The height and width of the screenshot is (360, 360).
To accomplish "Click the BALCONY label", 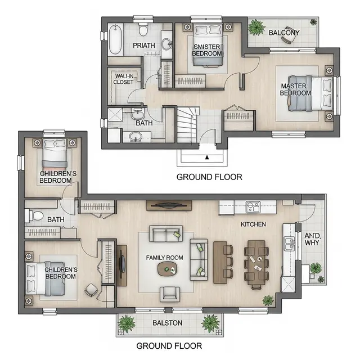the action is tap(284, 33).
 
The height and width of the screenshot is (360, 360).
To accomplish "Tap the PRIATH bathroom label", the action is tap(144, 46).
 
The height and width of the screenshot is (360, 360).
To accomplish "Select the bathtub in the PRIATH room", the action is tap(115, 39).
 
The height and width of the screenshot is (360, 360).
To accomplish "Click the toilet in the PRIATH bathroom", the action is tap(143, 29).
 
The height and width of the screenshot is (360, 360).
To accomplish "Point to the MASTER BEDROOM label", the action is tap(295, 89).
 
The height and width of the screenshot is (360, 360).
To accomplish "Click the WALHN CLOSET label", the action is tap(124, 79).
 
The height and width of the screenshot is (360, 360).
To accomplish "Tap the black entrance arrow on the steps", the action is tap(207, 157).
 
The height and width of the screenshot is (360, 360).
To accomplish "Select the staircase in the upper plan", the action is tap(187, 125).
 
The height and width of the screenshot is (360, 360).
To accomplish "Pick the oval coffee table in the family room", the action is tap(167, 269).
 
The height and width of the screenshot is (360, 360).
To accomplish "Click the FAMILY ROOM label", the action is tap(165, 258).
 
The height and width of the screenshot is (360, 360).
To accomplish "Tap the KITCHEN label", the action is tap(253, 224).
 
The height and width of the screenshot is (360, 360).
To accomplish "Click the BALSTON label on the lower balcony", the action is tap(168, 323).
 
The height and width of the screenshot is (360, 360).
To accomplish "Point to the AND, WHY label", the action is tap(312, 239).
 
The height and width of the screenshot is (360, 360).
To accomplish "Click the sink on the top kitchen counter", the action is tap(253, 207).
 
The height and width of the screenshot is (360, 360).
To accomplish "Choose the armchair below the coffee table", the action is tap(170, 294).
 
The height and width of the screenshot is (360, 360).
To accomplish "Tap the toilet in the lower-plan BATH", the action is tap(34, 215).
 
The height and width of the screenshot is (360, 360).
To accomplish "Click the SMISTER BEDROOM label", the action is tap(207, 50).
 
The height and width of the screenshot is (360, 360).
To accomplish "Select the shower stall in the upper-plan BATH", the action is tap(115, 115).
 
